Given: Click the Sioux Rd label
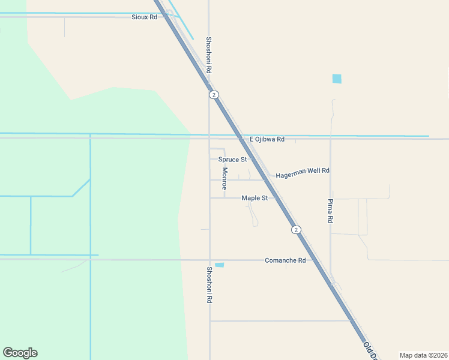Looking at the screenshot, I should point(144,17).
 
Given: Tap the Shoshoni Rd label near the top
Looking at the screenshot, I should point(209,55).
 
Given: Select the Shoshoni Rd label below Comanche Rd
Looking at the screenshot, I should point(209,284).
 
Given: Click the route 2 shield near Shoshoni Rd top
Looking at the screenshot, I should point(214,95).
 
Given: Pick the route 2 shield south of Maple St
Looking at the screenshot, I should point(295,230).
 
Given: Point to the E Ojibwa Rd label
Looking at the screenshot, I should point(267,139).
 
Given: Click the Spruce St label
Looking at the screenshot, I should point(232,160).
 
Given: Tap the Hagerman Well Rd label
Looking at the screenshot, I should point(303,170).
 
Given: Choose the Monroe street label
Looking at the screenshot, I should point(224,178).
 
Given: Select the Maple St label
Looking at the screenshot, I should point(255,197).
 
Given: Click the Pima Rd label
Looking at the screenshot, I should point(330,211).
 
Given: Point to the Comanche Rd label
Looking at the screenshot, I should point(285,260).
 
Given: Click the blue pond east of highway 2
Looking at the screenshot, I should point(337,79).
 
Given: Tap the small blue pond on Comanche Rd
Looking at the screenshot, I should point(220,265).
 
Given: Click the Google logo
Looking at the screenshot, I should point(20,353).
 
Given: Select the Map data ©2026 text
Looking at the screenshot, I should point(423,355).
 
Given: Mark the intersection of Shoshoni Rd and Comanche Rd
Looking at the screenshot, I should point(209,260).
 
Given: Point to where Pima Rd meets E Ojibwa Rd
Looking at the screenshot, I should point(330,139).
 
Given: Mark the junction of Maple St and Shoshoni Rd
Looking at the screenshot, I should point(209,197).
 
